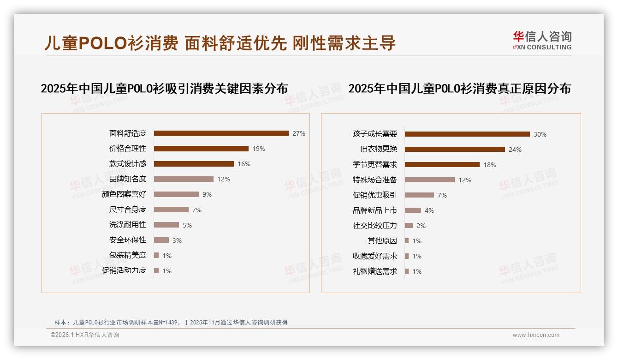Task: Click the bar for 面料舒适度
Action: pyautogui.click(x=221, y=133)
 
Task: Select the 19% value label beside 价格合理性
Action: pyautogui.click(x=259, y=149)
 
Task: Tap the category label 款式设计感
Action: pyautogui.click(x=128, y=164)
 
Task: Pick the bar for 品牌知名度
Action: pyautogui.click(x=184, y=179)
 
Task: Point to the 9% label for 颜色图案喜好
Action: pyautogui.click(x=207, y=194)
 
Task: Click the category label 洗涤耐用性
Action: pyautogui.click(x=128, y=225)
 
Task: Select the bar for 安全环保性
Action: pyautogui.click(x=161, y=240)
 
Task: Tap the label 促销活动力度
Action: pyautogui.click(x=124, y=270)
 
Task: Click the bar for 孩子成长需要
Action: pyautogui.click(x=467, y=134)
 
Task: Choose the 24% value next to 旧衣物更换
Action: pyautogui.click(x=515, y=150)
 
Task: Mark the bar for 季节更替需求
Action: pyautogui.click(x=442, y=165)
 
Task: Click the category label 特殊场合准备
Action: pyautogui.click(x=375, y=180)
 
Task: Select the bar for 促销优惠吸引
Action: pyautogui.click(x=419, y=195)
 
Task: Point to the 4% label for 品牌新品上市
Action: pyautogui.click(x=429, y=210)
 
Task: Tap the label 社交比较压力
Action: pyautogui.click(x=375, y=226)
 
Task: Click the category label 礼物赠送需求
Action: pyautogui.click(x=375, y=271)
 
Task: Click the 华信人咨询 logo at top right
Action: pyautogui.click(x=542, y=41)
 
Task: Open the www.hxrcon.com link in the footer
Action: pyautogui.click(x=536, y=335)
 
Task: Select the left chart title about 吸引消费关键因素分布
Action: pyautogui.click(x=164, y=89)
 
